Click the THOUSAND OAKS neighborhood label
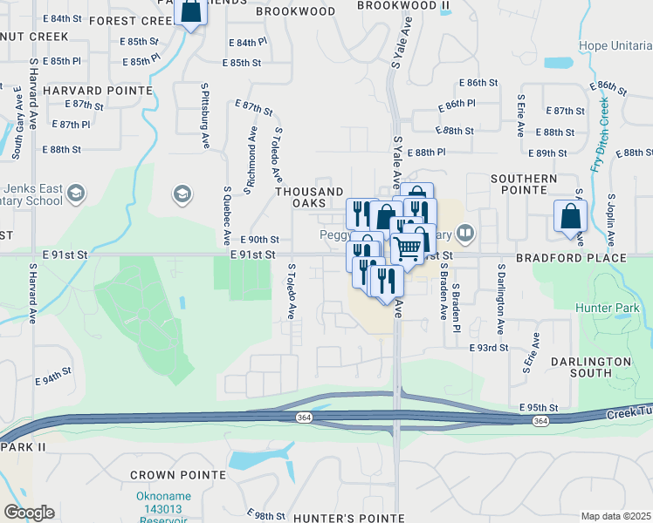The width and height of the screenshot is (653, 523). tap(309, 197)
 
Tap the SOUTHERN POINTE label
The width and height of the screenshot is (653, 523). tap(523, 185)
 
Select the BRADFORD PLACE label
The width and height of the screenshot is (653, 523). tap(583, 258)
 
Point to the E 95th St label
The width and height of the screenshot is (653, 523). tap(538, 407)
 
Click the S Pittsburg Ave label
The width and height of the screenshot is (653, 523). tap(205, 115)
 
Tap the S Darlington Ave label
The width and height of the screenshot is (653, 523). tap(501, 300)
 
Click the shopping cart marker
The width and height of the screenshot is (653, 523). tap(407, 248)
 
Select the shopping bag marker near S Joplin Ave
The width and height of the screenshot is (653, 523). tap(570, 217)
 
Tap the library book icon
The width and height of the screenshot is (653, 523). tap(465, 233)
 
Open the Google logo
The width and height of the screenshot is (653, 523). tap(29, 513)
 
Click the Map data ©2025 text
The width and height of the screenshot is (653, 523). tap(615, 516)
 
